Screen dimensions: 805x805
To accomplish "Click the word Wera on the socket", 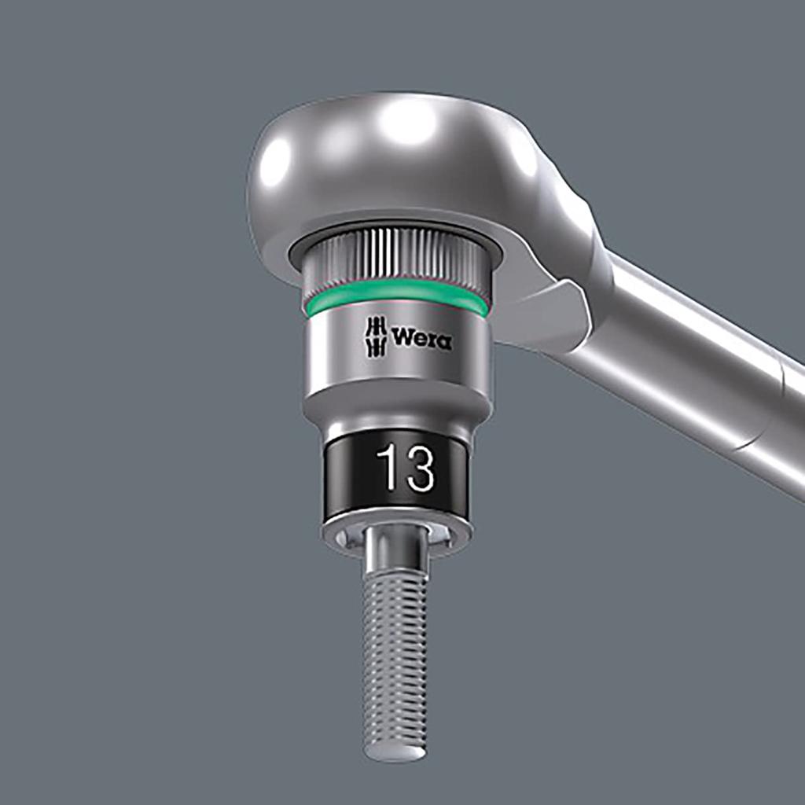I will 421,339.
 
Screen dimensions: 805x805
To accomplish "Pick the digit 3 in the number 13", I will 419,469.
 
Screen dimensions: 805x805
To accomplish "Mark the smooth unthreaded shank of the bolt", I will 395,560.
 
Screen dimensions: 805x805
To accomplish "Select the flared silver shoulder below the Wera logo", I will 397,405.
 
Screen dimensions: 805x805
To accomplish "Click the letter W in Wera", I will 402,339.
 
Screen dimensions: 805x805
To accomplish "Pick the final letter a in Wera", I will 444,340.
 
